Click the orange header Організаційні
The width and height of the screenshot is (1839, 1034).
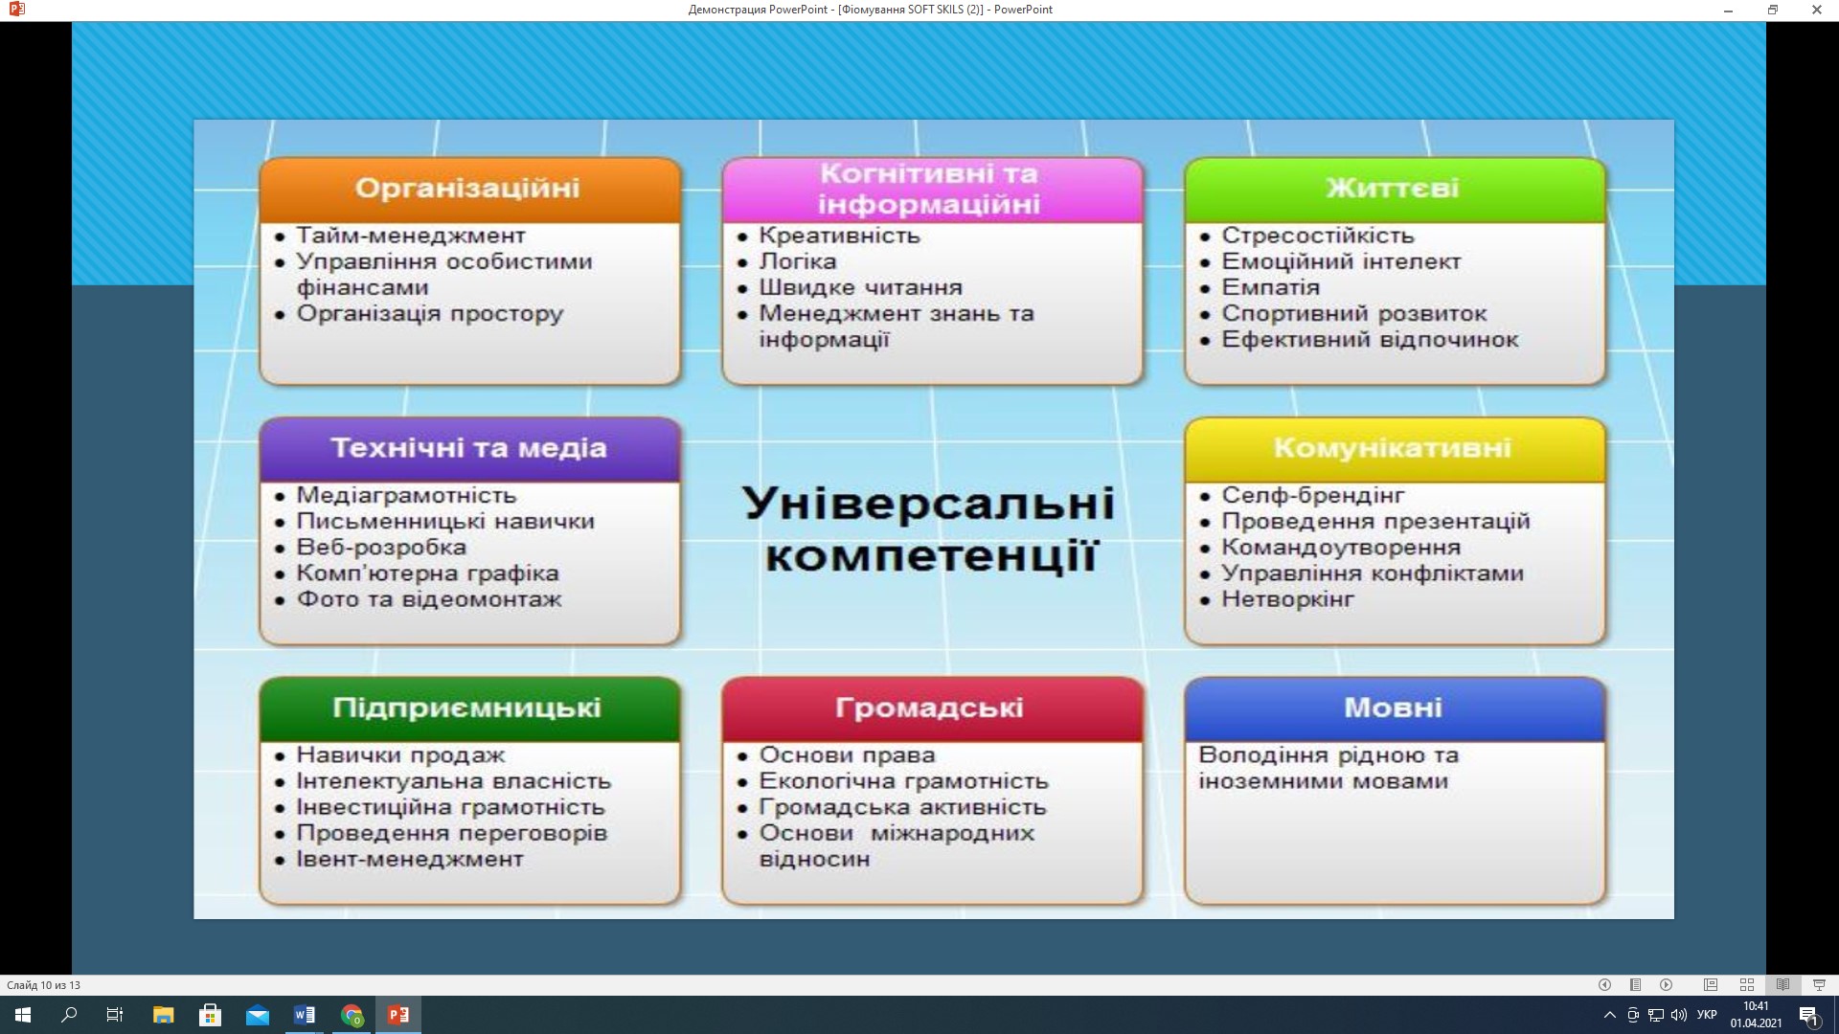[469, 190]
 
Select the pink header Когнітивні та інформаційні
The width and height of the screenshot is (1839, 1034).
[932, 190]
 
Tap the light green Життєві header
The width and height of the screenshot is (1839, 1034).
[1395, 190]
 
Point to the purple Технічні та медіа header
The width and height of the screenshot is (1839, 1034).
[469, 449]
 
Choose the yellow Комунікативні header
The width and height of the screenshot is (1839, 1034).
[1395, 449]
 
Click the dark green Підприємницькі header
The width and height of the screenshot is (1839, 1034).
[469, 708]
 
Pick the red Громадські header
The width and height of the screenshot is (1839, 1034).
[932, 708]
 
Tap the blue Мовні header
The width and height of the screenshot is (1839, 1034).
[1395, 708]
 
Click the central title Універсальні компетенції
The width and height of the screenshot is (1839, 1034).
[929, 529]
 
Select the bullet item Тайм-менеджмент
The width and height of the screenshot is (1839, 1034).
[411, 236]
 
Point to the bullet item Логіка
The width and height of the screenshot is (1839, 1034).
[798, 261]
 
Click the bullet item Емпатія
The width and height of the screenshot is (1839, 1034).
[1271, 287]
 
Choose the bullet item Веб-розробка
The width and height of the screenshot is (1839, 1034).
[381, 548]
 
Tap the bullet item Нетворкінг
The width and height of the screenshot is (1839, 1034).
[1288, 600]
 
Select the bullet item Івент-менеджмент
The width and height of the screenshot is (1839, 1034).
[410, 859]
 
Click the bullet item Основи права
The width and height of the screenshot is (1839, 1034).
[833, 755]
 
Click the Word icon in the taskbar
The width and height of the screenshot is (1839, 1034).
[305, 1015]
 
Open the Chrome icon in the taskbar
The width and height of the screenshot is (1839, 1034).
[352, 1015]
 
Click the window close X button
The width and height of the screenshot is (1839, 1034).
[1816, 10]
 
